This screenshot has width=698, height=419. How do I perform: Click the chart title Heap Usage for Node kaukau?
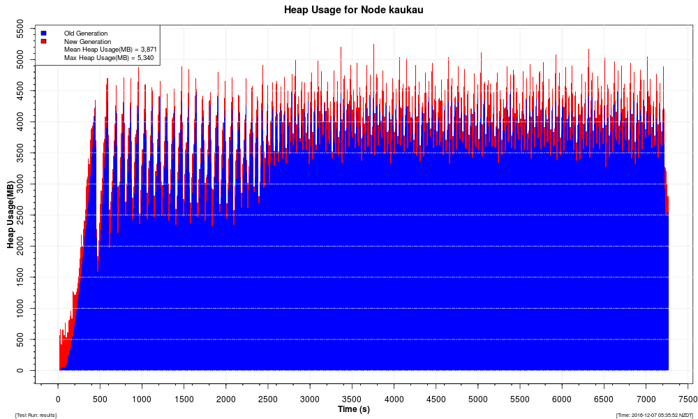(353, 10)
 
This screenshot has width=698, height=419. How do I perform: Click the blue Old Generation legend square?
(43, 33)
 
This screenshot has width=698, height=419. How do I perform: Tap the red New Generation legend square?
(43, 41)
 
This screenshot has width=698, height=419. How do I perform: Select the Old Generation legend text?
(86, 33)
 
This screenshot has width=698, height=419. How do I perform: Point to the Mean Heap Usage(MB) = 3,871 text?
(110, 50)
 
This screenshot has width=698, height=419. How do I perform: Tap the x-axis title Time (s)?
(353, 409)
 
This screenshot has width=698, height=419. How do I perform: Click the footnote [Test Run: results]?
(36, 415)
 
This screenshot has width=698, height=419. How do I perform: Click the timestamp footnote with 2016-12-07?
(654, 415)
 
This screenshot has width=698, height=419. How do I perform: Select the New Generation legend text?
(87, 41)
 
